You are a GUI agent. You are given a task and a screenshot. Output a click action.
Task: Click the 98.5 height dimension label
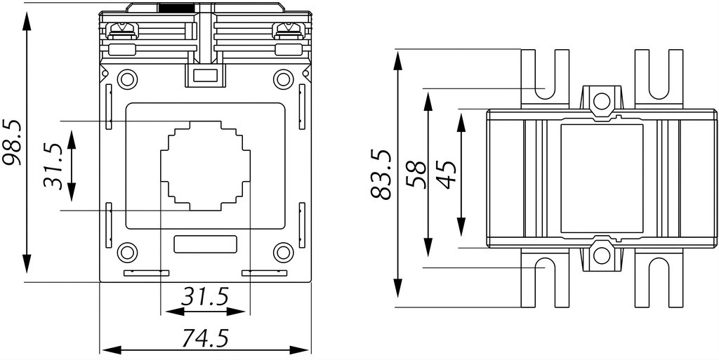pos(11,143)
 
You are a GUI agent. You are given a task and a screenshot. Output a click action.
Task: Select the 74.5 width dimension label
pos(204,338)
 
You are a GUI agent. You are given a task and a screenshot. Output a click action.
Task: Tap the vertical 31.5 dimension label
pos(52,166)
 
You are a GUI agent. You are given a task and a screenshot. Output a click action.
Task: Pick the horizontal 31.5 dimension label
pos(204,298)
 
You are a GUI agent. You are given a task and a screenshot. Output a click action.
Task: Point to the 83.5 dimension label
pos(381,174)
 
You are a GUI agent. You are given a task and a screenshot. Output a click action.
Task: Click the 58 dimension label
pos(416,175)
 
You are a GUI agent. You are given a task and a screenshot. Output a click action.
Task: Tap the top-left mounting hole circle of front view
pos(128,79)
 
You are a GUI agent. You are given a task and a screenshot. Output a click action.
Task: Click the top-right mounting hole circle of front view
pos(284,79)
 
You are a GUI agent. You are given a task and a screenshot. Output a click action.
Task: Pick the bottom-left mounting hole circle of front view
pos(128,253)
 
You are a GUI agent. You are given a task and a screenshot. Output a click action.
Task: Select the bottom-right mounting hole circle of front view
pos(284,253)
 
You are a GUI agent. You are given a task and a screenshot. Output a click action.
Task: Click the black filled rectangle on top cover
pos(176,8)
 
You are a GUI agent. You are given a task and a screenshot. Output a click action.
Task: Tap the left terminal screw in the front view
pos(121,30)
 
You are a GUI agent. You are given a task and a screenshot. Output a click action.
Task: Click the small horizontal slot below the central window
pos(206,244)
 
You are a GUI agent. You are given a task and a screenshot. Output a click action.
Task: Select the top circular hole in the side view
pos(602,100)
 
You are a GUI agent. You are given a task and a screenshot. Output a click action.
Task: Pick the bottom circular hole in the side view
pos(602,256)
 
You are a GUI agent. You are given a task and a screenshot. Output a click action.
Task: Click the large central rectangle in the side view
pos(602,178)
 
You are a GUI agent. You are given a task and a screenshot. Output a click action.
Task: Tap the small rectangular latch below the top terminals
pos(205,76)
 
